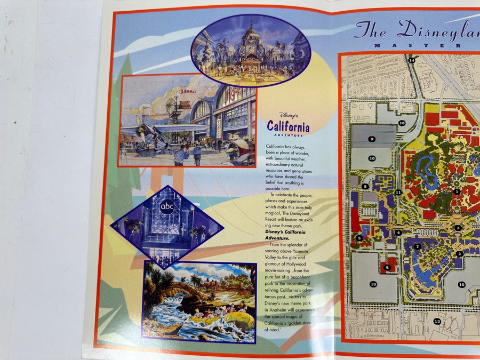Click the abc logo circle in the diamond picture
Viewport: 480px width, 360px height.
pyautogui.click(x=165, y=207)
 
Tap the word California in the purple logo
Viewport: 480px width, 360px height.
pyautogui.click(x=288, y=127)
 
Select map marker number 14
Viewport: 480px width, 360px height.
pyautogui.click(x=412, y=61)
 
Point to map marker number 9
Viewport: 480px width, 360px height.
pyautogui.click(x=372, y=139)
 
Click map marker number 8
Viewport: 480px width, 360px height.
pyautogui.click(x=365, y=186)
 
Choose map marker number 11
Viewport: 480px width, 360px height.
pyautogui.click(x=398, y=192)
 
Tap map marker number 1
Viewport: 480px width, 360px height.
pyautogui.click(x=457, y=191)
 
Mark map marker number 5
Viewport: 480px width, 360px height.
pyautogui.click(x=359, y=238)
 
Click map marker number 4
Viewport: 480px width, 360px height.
pyautogui.click(x=398, y=233)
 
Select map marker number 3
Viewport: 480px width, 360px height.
pyautogui.click(x=458, y=228)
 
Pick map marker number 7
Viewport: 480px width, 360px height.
pyautogui.click(x=418, y=246)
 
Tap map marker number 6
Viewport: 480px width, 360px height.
pyautogui.click(x=387, y=267)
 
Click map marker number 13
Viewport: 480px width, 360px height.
pyautogui.click(x=437, y=321)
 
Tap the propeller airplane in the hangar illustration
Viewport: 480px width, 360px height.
pyautogui.click(x=155, y=131)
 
